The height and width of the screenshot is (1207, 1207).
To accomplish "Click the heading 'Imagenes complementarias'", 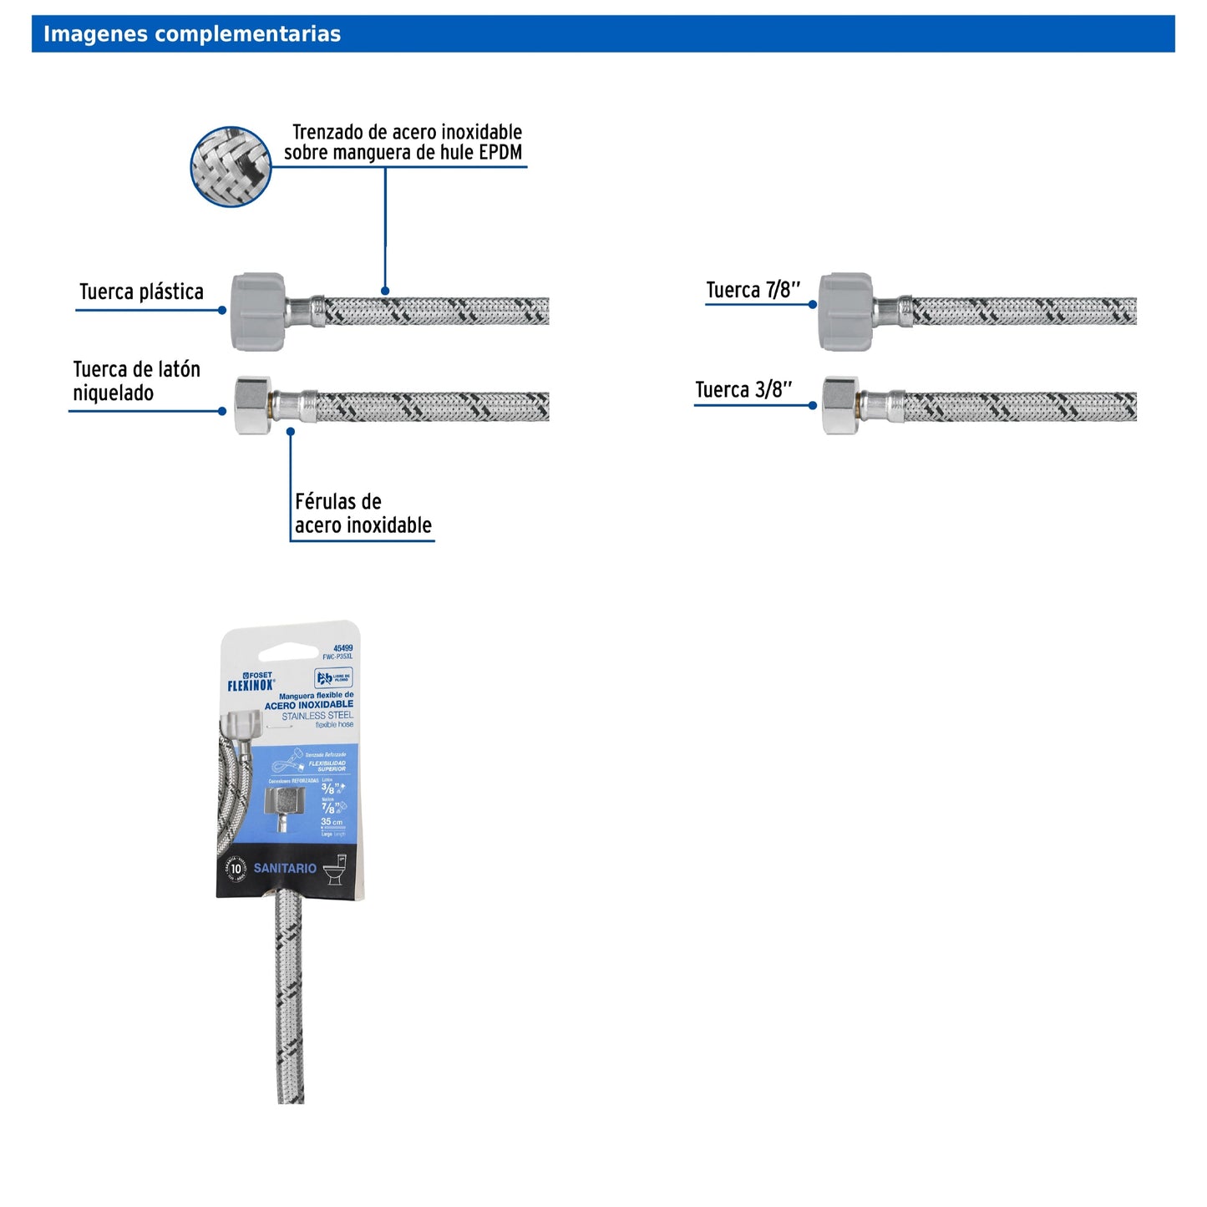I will (x=192, y=34).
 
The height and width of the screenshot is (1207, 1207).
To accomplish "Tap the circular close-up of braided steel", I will (x=231, y=167).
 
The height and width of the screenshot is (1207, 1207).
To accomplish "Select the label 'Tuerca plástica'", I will (x=141, y=292).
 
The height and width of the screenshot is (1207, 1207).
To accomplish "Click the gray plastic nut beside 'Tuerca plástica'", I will (x=258, y=311).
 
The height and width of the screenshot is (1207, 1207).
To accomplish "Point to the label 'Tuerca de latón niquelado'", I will (x=136, y=381).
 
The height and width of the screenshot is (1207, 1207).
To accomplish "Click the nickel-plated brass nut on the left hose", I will (x=253, y=405).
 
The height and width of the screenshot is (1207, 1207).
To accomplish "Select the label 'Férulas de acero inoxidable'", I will (x=363, y=514).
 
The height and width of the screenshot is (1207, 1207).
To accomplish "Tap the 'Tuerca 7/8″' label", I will (x=753, y=290).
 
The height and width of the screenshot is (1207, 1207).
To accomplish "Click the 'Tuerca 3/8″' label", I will (x=743, y=390).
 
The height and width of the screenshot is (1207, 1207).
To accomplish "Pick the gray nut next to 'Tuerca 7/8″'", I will (x=845, y=311).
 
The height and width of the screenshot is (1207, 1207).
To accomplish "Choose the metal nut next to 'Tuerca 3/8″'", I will (x=840, y=405).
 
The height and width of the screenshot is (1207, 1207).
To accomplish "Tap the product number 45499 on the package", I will (x=342, y=648).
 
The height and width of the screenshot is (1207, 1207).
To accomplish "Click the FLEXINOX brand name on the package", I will (x=251, y=686).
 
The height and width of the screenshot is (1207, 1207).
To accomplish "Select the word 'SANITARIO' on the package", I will (x=285, y=869).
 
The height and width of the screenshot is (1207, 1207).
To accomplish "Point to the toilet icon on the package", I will (x=335, y=869).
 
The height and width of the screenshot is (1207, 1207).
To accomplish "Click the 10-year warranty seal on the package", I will (x=236, y=869).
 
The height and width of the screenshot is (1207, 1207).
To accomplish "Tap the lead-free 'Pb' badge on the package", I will (x=333, y=677).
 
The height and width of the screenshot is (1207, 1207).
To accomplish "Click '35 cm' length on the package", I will (x=332, y=822).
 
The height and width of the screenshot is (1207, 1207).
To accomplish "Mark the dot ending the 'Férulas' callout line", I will (x=291, y=432).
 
